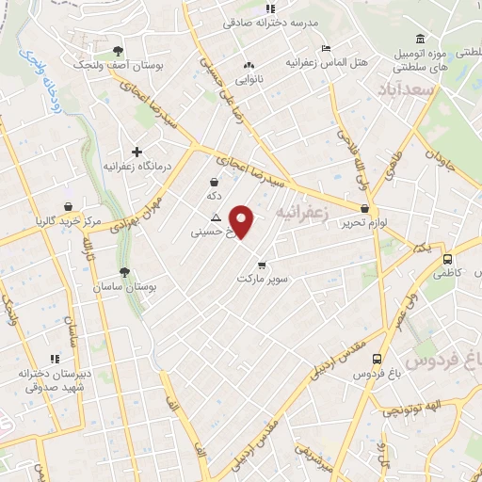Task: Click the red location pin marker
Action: point(243,221)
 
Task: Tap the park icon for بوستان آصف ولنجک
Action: point(117,51)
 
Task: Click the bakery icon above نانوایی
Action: point(249,66)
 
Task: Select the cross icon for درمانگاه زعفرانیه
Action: point(137,151)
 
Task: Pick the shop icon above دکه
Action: point(215,182)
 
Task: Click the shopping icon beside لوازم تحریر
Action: point(365,208)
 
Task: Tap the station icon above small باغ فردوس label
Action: point(377,359)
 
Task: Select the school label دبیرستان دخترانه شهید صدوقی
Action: point(54,378)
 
